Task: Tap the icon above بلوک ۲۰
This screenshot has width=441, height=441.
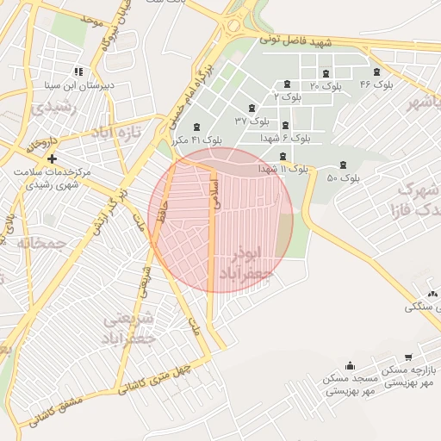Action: click(326, 72)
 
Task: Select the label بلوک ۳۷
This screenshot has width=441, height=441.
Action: click(252, 121)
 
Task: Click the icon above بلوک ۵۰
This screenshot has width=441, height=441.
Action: click(344, 164)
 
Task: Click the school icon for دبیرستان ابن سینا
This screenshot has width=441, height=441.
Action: click(78, 71)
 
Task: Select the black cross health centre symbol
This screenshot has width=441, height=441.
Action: click(53, 158)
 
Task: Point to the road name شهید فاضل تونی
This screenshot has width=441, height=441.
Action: click(321, 41)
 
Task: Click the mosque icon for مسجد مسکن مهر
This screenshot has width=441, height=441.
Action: click(350, 365)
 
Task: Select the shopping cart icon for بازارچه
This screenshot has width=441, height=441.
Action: click(407, 357)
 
